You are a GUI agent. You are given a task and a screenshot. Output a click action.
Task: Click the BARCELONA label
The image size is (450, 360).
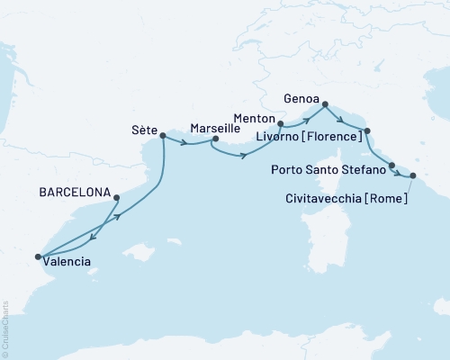pyautogui.click(x=75, y=193)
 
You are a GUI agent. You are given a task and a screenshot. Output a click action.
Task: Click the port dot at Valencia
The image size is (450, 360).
pyautogui.click(x=38, y=257)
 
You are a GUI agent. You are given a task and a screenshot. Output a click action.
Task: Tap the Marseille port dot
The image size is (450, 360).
pyautogui.click(x=214, y=139)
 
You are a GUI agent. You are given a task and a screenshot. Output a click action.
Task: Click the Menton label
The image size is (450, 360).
pyautogui.click(x=253, y=117)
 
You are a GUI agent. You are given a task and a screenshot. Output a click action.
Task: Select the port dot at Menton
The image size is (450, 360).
pyautogui.click(x=281, y=123)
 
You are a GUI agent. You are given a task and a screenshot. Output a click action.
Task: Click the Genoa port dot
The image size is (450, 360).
pyautogui.click(x=325, y=104)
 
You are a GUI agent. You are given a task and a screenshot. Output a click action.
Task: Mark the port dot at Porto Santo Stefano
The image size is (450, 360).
pyautogui.click(x=391, y=165)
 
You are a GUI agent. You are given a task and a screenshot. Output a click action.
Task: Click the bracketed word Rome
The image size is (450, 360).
pyautogui.click(x=385, y=197)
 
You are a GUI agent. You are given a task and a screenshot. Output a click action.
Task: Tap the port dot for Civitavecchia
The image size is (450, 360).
pyautogui.click(x=413, y=176)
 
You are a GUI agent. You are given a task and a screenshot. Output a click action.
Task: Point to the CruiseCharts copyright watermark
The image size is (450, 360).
pyautogui.click(x=5, y=328)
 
